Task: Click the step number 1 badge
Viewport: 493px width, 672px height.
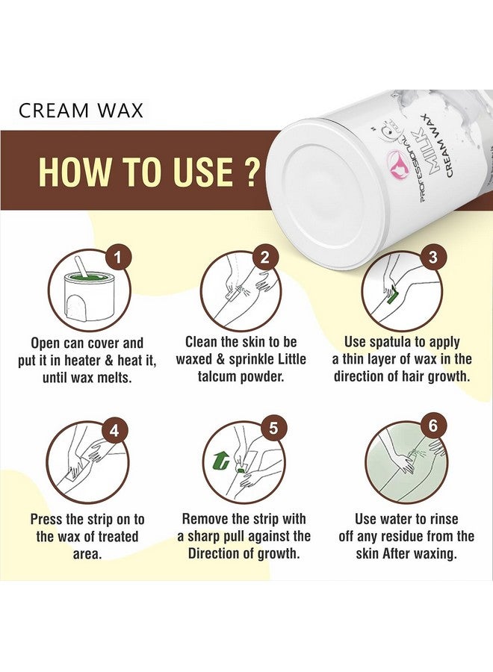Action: coord(117,258)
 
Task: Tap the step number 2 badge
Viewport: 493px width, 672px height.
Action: coord(264,258)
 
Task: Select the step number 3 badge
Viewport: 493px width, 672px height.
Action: coord(432,257)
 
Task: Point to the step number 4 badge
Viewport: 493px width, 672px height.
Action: coord(114,430)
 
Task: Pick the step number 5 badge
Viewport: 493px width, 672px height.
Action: coord(273,429)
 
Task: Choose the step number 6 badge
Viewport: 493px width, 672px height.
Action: coord(432,427)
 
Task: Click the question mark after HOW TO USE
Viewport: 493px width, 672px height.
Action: coord(252,172)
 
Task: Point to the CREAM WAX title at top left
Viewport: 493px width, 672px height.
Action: coord(81,111)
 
